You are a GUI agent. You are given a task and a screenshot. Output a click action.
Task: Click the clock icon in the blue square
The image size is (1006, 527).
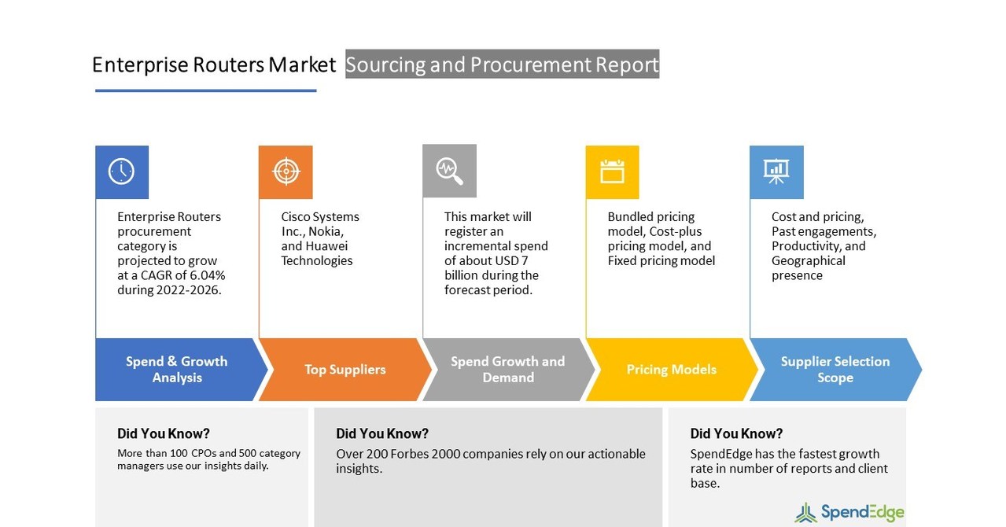click(x=121, y=171)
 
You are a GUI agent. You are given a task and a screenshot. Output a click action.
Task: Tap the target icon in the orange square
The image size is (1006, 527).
click(x=286, y=171)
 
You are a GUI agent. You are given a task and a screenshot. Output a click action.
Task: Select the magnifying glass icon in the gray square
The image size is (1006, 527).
click(x=449, y=171)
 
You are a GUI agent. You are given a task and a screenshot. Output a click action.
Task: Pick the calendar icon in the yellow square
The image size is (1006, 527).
click(x=612, y=171)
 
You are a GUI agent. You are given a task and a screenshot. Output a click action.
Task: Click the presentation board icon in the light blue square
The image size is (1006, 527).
click(x=776, y=171)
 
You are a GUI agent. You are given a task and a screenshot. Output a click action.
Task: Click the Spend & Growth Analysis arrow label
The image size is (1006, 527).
click(x=177, y=370)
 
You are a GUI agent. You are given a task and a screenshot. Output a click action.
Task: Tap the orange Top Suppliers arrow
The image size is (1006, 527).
click(x=345, y=370)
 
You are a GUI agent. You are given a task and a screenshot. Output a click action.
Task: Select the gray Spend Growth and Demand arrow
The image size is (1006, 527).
click(x=507, y=370)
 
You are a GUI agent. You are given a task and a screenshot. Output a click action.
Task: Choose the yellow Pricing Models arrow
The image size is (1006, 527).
click(x=671, y=370)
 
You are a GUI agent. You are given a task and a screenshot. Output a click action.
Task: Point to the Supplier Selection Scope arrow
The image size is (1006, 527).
click(x=835, y=370)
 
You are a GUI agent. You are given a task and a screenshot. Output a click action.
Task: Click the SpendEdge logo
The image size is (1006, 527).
click(x=849, y=513)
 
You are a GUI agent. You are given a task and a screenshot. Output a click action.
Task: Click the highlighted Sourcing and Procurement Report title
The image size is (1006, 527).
click(x=502, y=64)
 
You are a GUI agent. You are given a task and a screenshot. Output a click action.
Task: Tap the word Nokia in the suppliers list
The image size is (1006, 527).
click(x=325, y=231)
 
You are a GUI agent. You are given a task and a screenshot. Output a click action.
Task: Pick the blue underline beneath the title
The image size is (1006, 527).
click(x=205, y=90)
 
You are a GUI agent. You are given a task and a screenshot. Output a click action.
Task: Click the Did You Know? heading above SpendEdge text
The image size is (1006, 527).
click(x=736, y=433)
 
